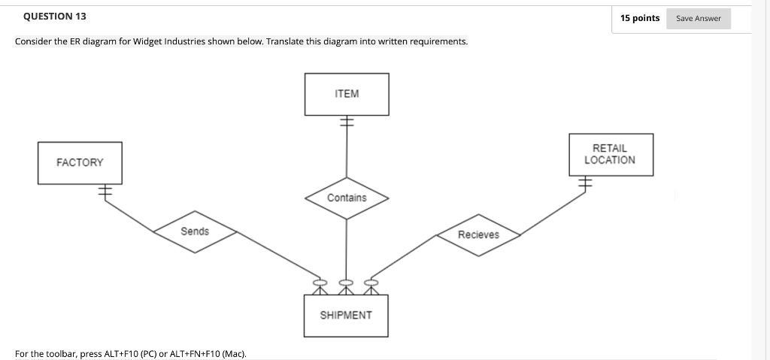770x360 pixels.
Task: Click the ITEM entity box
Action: pos(347,94)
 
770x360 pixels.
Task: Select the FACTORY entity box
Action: pos(80,162)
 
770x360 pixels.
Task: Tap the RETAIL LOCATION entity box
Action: pos(610,155)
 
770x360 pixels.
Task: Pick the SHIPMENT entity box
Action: pos(346,315)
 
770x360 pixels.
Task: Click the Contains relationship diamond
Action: pos(347,198)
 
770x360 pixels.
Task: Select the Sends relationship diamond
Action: pos(195,231)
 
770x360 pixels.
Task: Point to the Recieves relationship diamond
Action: pos(478,234)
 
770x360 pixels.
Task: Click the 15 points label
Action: pos(640,18)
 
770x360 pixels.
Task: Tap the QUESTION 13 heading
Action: pos(50,17)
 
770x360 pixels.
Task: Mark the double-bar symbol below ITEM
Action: pos(346,123)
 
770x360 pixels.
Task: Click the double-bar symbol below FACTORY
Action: pos(103,192)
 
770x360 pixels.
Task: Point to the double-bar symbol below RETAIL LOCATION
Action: pos(585,183)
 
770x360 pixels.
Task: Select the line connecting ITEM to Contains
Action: pos(346,154)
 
